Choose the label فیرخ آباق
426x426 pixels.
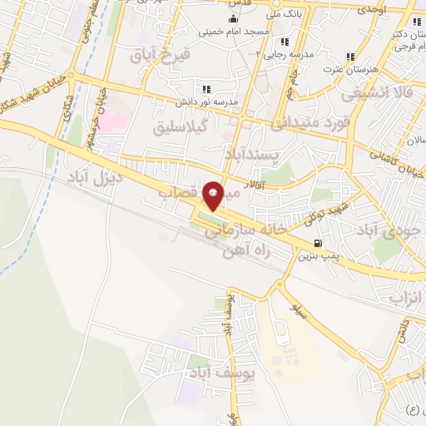coord(161,55)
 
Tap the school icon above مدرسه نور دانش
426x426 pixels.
coord(206,88)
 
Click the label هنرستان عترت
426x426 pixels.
coord(351,70)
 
